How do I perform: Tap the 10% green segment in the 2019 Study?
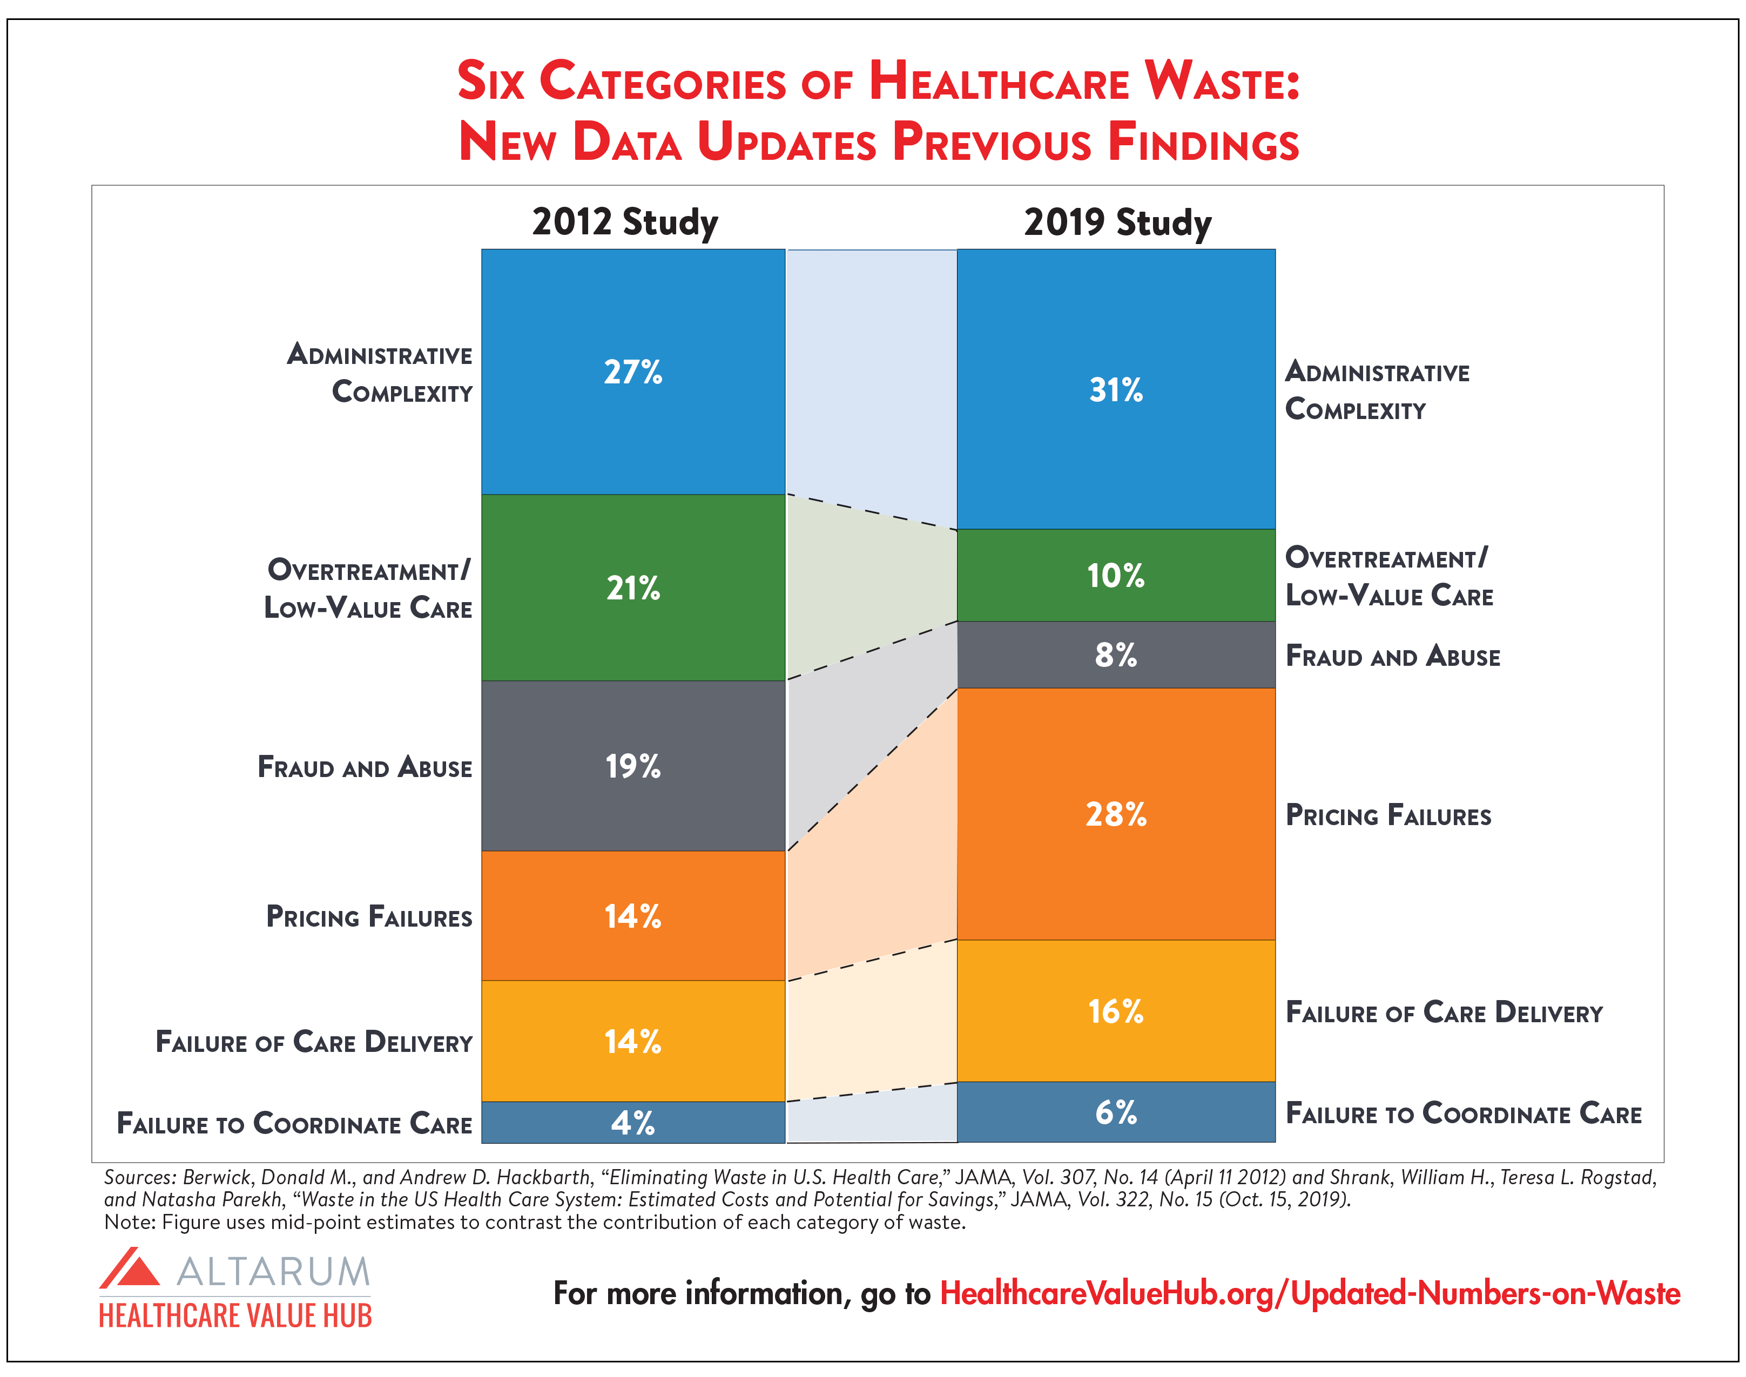point(1116,576)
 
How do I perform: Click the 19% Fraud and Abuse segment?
point(633,766)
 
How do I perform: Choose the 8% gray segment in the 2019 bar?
point(1116,654)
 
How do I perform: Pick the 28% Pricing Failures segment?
point(1116,814)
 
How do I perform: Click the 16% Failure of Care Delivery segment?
point(1116,1011)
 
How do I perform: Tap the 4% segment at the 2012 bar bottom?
point(633,1122)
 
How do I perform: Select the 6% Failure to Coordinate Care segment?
point(1116,1112)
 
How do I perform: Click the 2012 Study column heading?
point(625,222)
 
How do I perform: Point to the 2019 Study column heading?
point(1117,222)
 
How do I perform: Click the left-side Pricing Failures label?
point(369,917)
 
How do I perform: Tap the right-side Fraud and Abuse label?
point(1392,656)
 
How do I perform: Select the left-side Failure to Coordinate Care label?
point(294,1123)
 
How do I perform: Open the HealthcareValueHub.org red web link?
point(1310,1293)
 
